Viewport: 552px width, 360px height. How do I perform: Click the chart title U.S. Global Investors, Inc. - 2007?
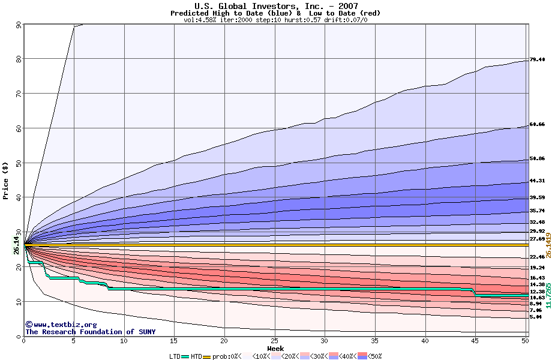[x=276, y=6]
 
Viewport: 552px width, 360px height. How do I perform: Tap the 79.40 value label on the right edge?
[x=537, y=60]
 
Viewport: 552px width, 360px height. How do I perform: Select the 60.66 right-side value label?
[x=537, y=124]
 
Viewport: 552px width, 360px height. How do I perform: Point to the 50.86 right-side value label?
[x=537, y=159]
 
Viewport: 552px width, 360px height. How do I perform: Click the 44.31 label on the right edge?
[x=537, y=181]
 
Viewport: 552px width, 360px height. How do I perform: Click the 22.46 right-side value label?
[x=537, y=257]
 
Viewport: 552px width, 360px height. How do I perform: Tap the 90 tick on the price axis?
[x=19, y=25]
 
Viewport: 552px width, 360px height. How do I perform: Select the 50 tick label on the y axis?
[x=19, y=163]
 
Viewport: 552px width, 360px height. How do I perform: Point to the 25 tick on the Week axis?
[x=274, y=341]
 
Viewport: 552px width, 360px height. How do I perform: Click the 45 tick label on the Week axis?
[x=475, y=341]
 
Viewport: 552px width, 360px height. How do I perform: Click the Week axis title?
[x=276, y=348]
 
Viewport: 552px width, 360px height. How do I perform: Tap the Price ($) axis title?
[x=6, y=180]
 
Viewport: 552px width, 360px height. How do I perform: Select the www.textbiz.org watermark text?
[x=57, y=325]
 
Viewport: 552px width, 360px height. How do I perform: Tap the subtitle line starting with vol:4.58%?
[x=275, y=20]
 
